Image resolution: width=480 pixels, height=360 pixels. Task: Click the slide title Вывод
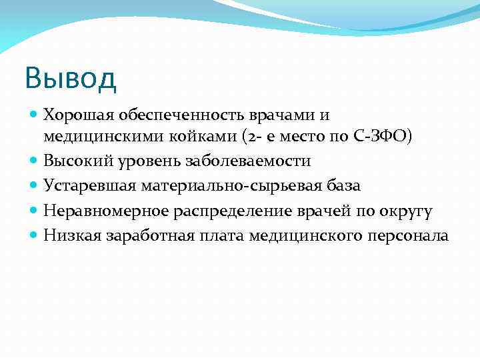(70, 78)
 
